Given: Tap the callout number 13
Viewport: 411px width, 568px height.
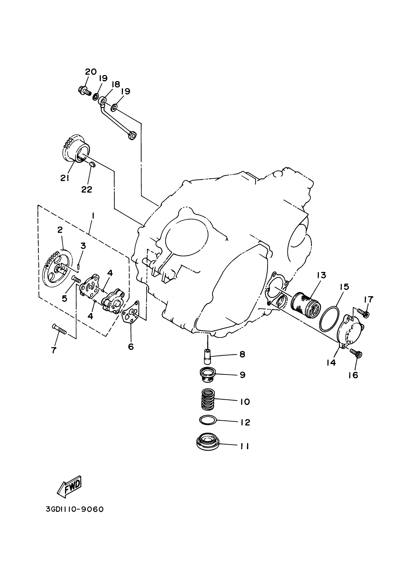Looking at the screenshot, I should [x=322, y=275].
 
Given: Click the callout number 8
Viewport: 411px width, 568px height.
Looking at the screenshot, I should [x=242, y=354].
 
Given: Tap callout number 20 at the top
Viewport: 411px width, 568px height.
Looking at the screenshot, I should [x=91, y=72].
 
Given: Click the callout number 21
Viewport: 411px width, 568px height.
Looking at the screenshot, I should [x=65, y=178].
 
